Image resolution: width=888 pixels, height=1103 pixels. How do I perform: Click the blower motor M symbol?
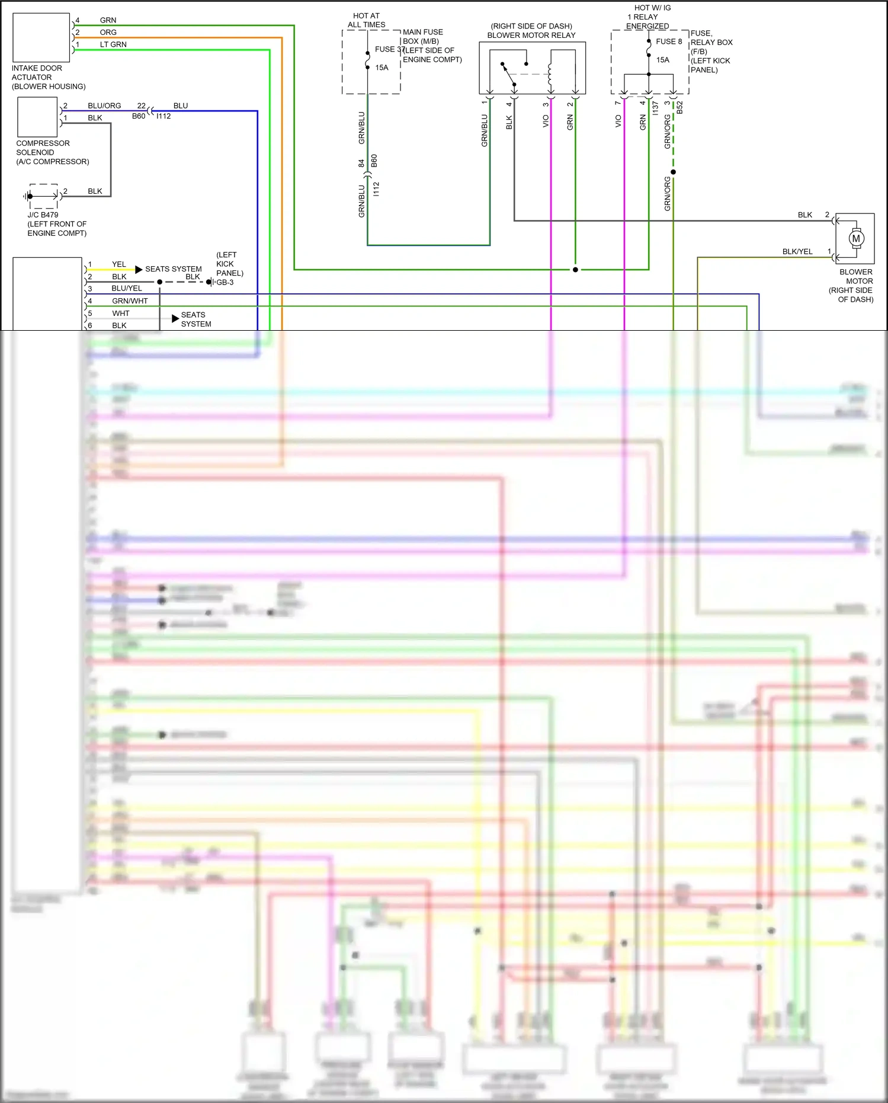(x=855, y=238)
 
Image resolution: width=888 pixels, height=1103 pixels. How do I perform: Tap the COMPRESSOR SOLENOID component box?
(x=37, y=117)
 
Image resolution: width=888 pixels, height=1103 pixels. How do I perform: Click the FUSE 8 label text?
(x=669, y=41)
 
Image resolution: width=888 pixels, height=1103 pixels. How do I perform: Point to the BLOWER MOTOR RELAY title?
(x=531, y=35)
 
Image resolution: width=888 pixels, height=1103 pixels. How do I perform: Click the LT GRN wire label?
(x=113, y=44)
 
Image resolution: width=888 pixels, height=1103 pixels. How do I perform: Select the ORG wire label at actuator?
(x=108, y=32)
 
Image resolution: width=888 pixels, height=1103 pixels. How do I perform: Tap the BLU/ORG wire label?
(x=104, y=105)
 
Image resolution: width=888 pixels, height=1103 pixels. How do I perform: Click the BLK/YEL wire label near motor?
(x=797, y=251)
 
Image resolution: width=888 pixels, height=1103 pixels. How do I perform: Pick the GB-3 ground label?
(x=225, y=282)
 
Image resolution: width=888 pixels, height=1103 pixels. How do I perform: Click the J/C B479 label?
(x=43, y=215)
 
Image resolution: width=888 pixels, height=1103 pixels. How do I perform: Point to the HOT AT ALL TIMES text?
(x=366, y=20)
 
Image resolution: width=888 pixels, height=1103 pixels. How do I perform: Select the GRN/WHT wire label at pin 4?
(x=130, y=300)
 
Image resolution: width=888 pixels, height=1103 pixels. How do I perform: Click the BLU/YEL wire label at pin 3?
(x=126, y=288)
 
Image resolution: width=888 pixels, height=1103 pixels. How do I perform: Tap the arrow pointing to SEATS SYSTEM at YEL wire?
(x=139, y=269)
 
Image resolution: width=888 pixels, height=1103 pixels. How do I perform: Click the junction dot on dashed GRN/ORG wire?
(x=673, y=172)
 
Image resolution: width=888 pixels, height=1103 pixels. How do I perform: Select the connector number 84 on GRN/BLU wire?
(x=361, y=163)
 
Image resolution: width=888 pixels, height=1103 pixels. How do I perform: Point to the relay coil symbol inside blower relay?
(x=550, y=74)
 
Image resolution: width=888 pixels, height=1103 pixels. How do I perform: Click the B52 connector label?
(x=680, y=107)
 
